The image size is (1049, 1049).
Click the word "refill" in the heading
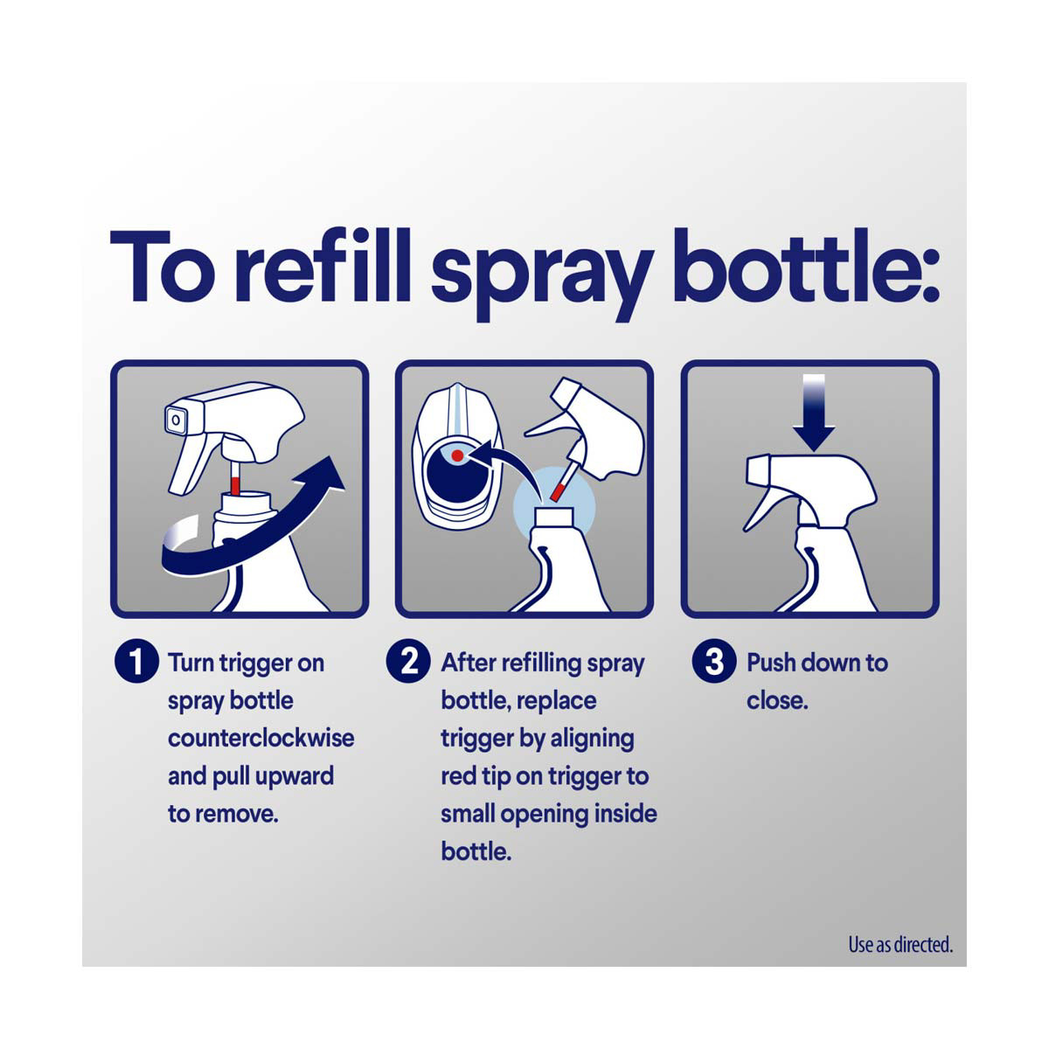[x=322, y=265]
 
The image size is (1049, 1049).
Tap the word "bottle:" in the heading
[x=806, y=265]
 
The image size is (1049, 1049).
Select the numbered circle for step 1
[x=136, y=662]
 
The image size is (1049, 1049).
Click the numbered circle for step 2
[x=408, y=662]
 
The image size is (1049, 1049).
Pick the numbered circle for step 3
[x=714, y=662]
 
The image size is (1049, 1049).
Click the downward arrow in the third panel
[x=813, y=412]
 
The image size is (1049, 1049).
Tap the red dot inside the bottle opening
[x=457, y=455]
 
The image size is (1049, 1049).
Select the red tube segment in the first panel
[x=235, y=484]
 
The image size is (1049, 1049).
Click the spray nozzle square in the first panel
[x=176, y=420]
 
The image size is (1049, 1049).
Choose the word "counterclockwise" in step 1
[x=261, y=739]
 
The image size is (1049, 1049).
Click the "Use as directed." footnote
[x=900, y=944]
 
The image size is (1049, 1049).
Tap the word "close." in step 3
[x=777, y=701]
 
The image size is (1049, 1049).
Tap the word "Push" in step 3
[x=770, y=663]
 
